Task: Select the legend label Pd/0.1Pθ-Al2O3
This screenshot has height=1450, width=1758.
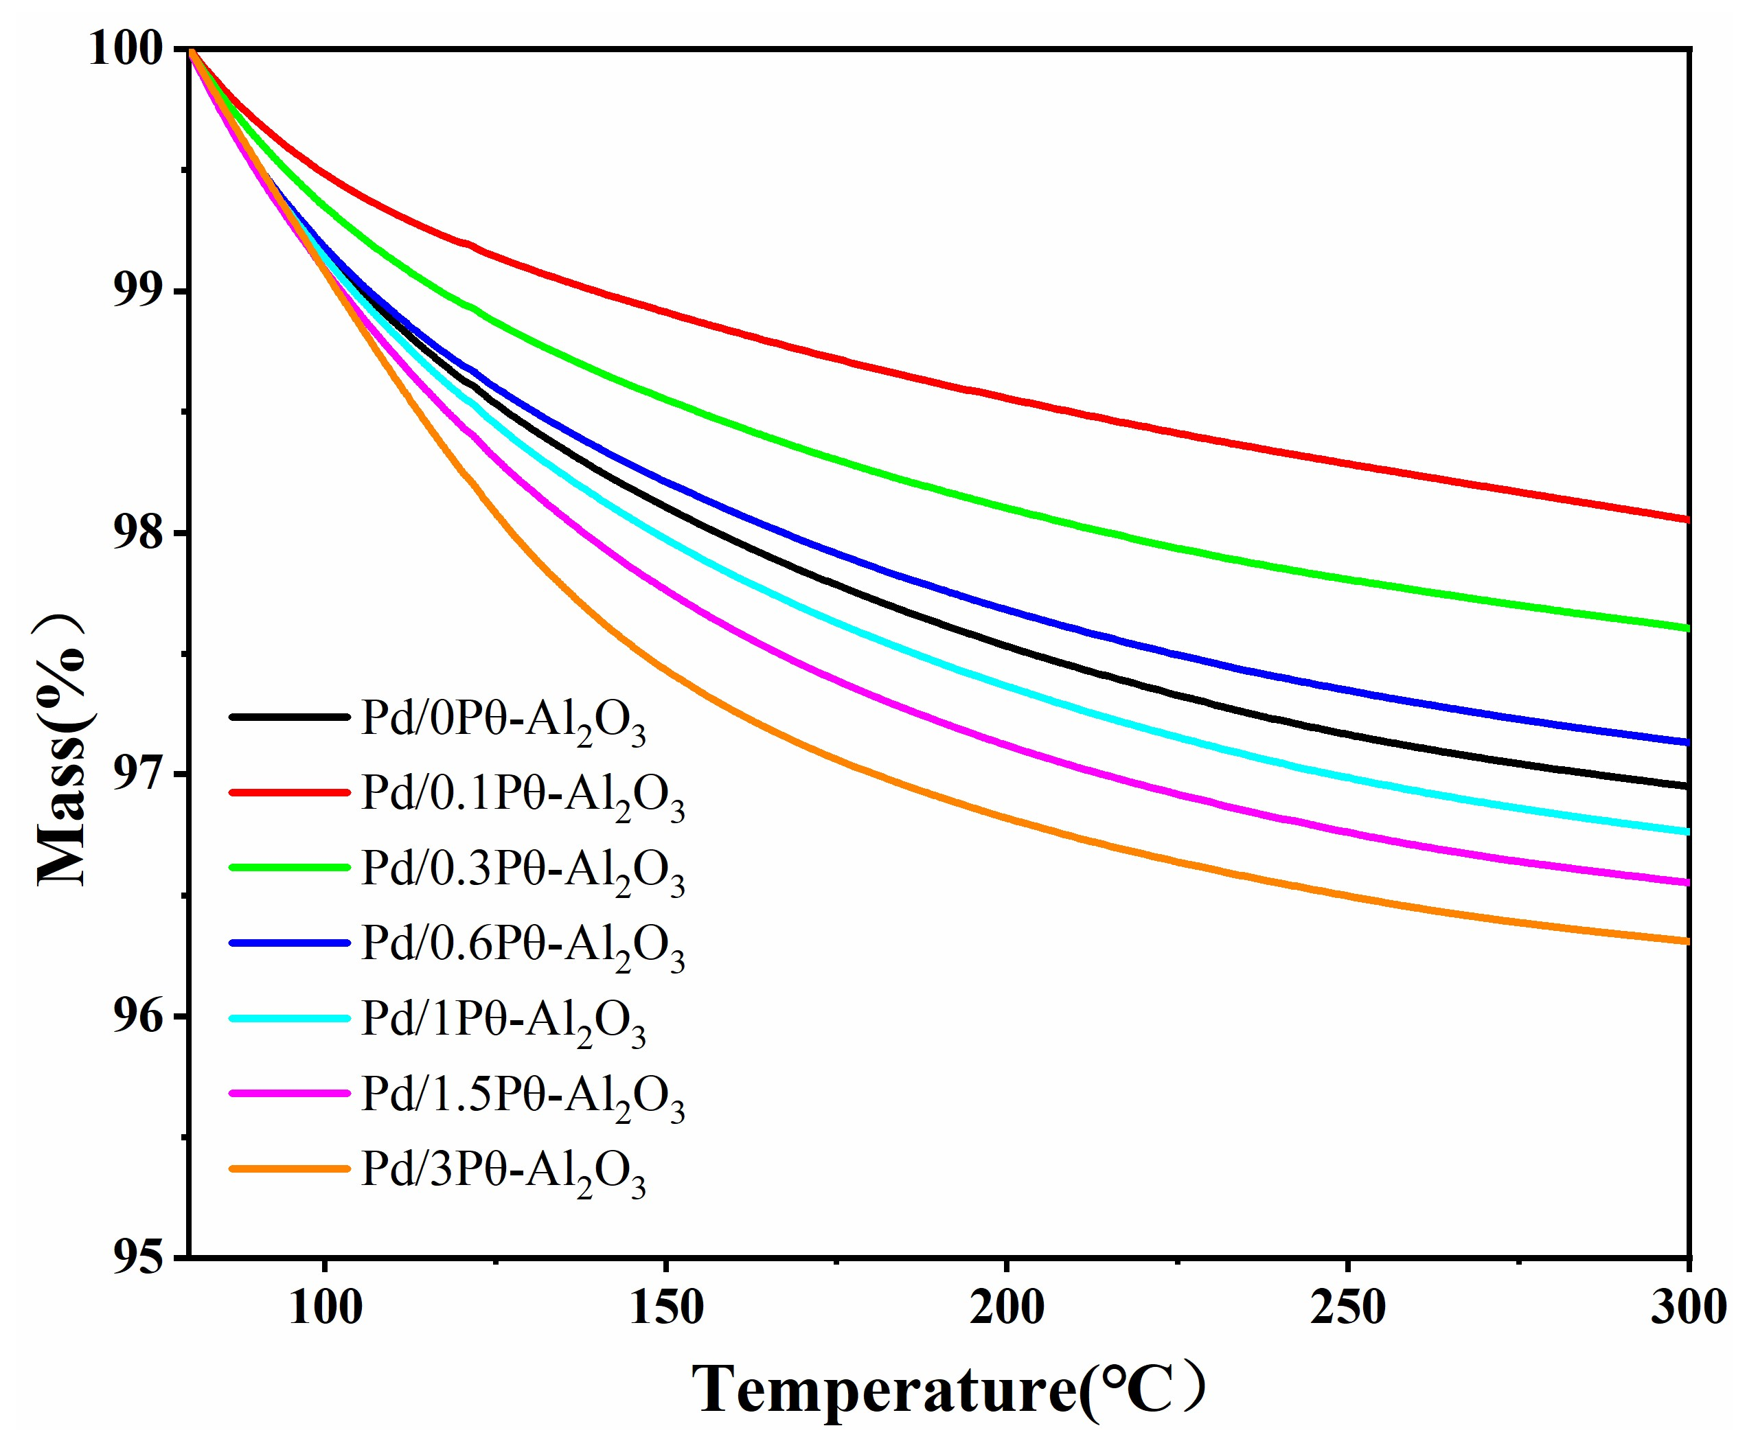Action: click(x=522, y=795)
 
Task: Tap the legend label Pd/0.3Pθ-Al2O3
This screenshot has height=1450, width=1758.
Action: click(x=522, y=871)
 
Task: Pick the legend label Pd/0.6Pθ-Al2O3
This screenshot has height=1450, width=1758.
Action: click(x=522, y=945)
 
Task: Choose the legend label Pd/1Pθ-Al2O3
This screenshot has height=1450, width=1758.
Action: click(x=503, y=1021)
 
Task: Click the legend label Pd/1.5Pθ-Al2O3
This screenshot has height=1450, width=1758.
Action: click(x=522, y=1096)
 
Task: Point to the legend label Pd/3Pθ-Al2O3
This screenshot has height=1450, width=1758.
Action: click(x=503, y=1171)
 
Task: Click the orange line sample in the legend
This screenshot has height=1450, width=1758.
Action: click(x=289, y=1169)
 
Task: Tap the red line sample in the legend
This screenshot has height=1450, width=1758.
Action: click(x=289, y=792)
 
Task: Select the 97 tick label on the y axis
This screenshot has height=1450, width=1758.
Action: click(x=137, y=774)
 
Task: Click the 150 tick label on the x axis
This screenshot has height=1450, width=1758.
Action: click(x=666, y=1308)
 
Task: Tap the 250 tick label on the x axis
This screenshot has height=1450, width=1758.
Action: click(x=1348, y=1308)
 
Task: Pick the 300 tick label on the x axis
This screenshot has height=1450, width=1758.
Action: click(x=1688, y=1308)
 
